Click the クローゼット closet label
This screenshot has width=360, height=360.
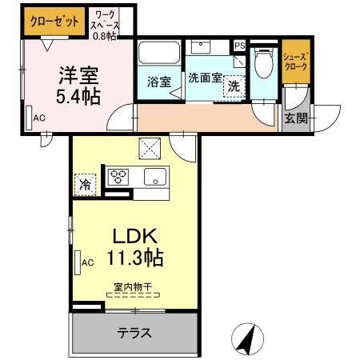point(54,22)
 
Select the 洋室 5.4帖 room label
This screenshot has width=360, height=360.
point(78,86)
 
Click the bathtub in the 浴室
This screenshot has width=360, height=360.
point(159,52)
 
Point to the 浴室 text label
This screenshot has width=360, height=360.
point(159,82)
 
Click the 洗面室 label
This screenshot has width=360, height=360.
point(205,78)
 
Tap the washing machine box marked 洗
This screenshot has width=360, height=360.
point(234,86)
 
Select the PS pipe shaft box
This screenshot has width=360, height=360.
point(240,46)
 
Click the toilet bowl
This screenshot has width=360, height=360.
point(264,63)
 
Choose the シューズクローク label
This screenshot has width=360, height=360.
point(295,62)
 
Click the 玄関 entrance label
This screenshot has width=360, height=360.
point(296,118)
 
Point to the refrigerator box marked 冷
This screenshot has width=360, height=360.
point(85,185)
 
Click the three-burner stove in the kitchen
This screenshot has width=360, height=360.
point(118,177)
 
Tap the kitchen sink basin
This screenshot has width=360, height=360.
point(155,177)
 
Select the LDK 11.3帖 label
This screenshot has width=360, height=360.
point(135,247)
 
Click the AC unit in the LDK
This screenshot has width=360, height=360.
point(78,262)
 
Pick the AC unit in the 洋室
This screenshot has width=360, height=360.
point(29,118)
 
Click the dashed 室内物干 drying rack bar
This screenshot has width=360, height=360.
point(133,295)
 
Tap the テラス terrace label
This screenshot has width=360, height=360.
point(134,333)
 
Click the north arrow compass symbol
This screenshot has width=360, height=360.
point(247,339)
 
